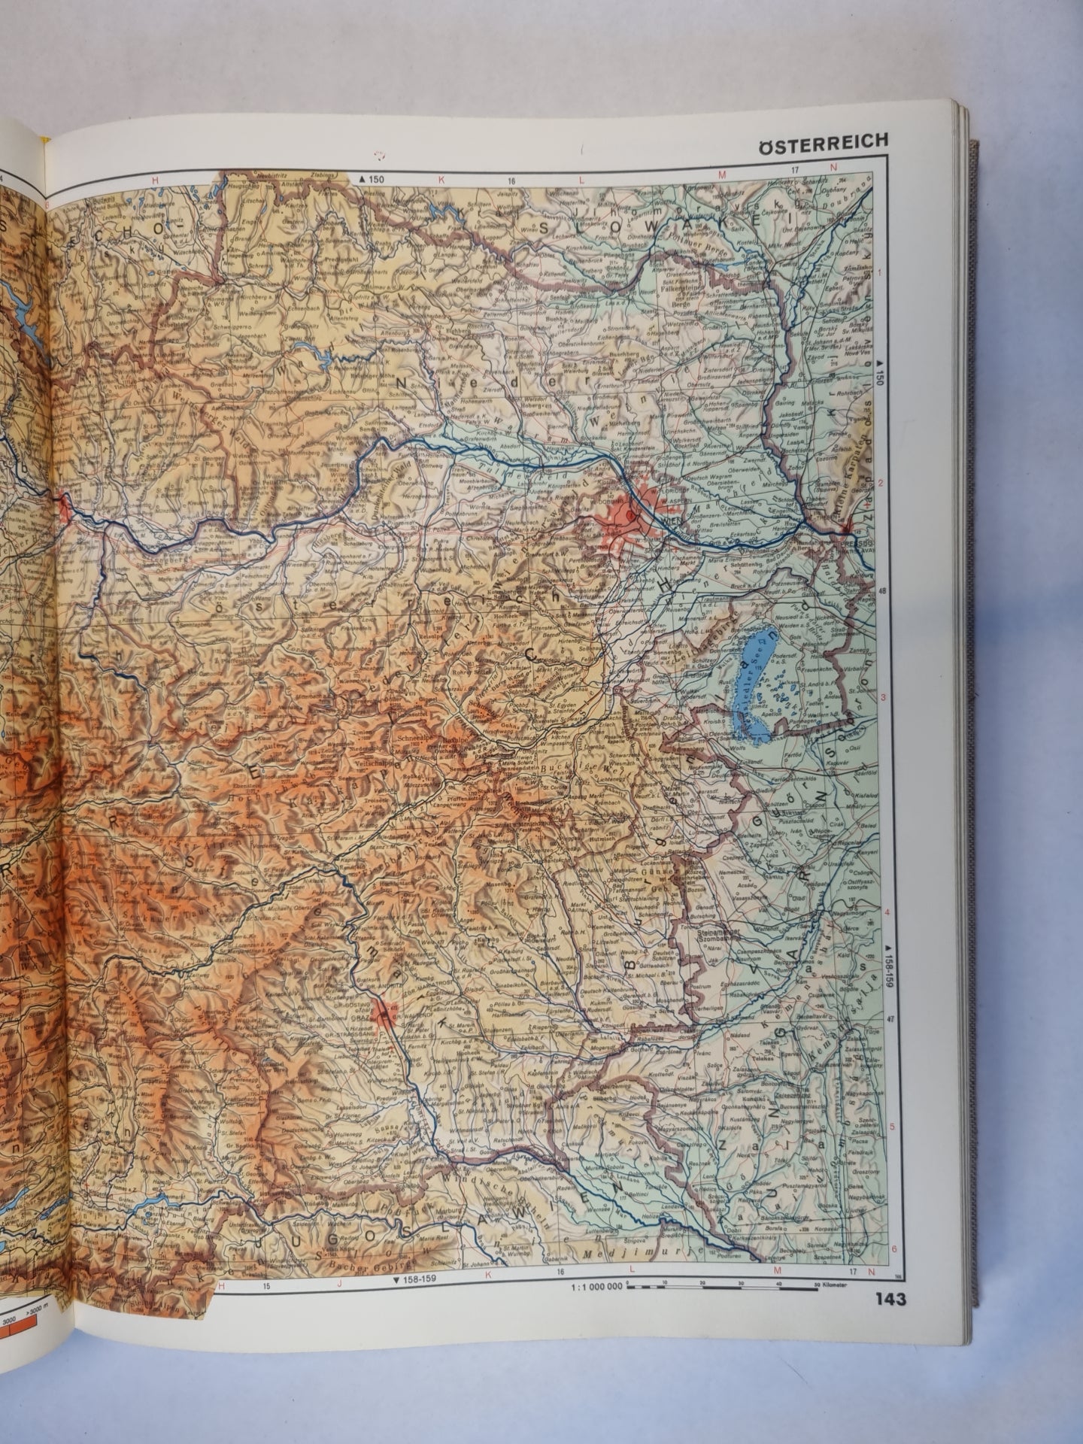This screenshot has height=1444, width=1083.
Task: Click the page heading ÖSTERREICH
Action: pyautogui.click(x=822, y=140)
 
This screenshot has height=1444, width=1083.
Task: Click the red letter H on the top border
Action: pyautogui.click(x=156, y=180)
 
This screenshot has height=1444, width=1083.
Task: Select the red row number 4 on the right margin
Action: pyautogui.click(x=887, y=913)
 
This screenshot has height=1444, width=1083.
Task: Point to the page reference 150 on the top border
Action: pyautogui.click(x=372, y=179)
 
